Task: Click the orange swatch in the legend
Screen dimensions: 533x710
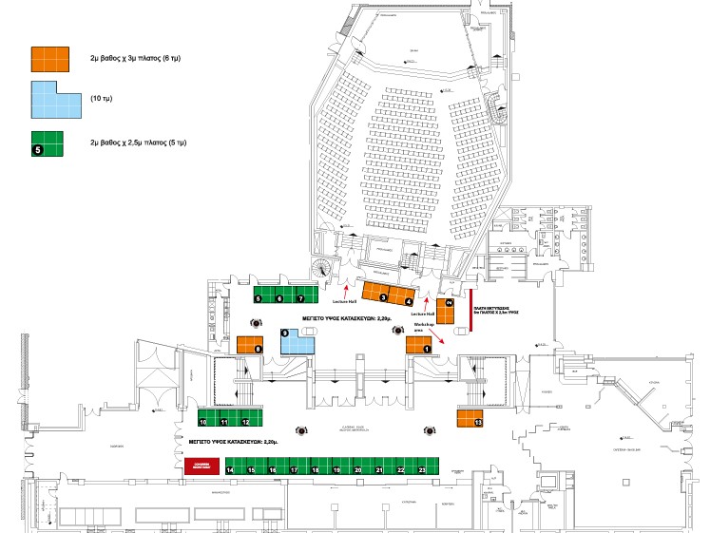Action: tap(51, 58)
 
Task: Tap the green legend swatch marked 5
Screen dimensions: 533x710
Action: tap(48, 143)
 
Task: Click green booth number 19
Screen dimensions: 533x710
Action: tap(337, 467)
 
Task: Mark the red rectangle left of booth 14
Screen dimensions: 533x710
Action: tap(201, 466)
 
